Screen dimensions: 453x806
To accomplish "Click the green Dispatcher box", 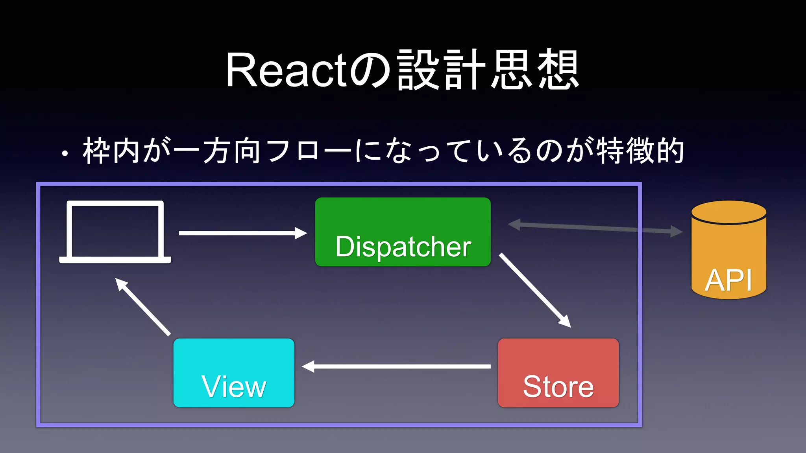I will (403, 232).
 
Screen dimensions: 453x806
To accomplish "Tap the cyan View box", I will (234, 372).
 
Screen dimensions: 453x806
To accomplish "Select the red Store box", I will (558, 372).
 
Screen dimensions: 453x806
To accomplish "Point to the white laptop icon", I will (115, 232).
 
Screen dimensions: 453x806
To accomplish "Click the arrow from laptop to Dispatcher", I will (242, 233).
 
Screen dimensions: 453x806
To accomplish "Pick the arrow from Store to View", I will (396, 366).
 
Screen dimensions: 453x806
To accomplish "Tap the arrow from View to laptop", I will (143, 307).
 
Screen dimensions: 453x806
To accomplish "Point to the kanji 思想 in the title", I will (535, 70).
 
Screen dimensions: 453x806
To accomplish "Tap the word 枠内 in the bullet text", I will (111, 151).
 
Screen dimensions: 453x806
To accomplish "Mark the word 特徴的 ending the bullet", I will (641, 151).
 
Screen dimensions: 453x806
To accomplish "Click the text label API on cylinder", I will (728, 280).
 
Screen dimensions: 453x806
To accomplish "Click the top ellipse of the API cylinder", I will (728, 212).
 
